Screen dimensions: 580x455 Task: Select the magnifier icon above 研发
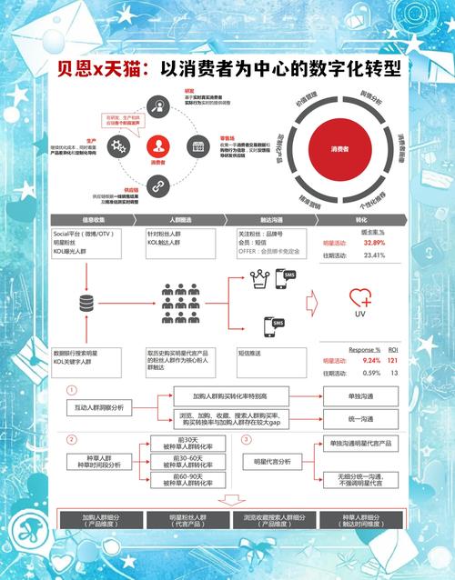pos(157,105)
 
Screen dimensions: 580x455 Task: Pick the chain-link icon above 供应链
pos(157,186)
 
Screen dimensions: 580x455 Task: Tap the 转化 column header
pos(360,220)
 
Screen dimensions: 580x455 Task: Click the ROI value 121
pos(395,361)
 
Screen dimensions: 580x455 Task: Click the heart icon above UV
pos(359,296)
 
